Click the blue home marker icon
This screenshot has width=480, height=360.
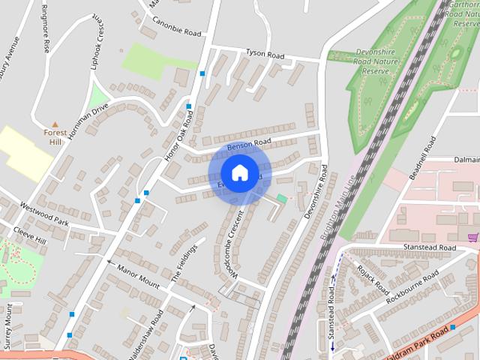[239, 173]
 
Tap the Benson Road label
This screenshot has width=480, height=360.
[248, 143]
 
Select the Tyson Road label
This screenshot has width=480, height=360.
[265, 55]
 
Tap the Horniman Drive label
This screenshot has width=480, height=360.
[88, 121]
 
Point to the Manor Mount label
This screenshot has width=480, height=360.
[138, 275]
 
